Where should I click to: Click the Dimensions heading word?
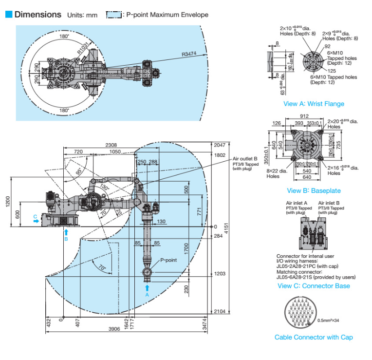click(38, 14)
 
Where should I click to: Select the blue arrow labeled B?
click(66, 233)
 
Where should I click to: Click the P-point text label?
click(168, 260)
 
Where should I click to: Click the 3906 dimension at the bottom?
click(113, 329)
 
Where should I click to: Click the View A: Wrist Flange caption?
click(314, 104)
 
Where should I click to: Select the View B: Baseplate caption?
click(314, 190)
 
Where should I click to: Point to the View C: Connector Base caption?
click(314, 285)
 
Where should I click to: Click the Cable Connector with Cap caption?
click(314, 337)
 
